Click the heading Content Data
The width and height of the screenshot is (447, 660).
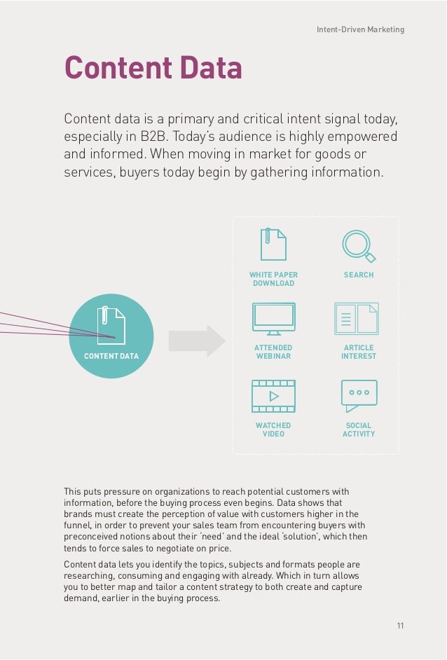[153, 68]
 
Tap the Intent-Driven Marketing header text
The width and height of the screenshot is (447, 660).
[359, 29]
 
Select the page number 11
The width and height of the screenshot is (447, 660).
[400, 626]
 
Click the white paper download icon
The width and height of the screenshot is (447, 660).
[273, 245]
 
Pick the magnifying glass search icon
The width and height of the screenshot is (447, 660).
[358, 245]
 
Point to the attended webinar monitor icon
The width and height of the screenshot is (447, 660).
[273, 319]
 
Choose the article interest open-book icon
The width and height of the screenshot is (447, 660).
[357, 318]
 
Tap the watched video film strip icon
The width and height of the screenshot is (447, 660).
[273, 396]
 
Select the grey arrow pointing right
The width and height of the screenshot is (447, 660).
[197, 341]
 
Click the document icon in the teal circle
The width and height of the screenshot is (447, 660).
[112, 326]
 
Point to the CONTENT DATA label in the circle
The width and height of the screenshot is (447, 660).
[111, 357]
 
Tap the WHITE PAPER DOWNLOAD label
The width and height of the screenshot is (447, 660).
[273, 279]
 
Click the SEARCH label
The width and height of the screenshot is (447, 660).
[359, 275]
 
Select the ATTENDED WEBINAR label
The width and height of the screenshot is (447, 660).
[273, 352]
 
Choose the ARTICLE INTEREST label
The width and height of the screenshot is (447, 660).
[359, 352]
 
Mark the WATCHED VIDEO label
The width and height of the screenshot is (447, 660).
[273, 429]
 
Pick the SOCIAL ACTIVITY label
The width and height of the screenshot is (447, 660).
[359, 429]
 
